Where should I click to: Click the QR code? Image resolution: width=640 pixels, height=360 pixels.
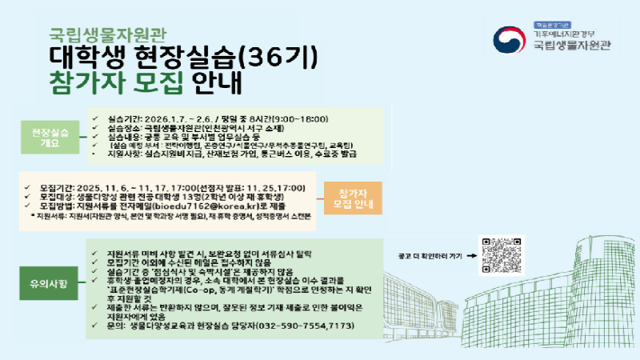[x=502, y=256]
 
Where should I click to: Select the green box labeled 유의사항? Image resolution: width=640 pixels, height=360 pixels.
[x=52, y=284]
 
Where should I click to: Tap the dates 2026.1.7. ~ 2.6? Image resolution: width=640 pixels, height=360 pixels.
[x=174, y=117]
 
